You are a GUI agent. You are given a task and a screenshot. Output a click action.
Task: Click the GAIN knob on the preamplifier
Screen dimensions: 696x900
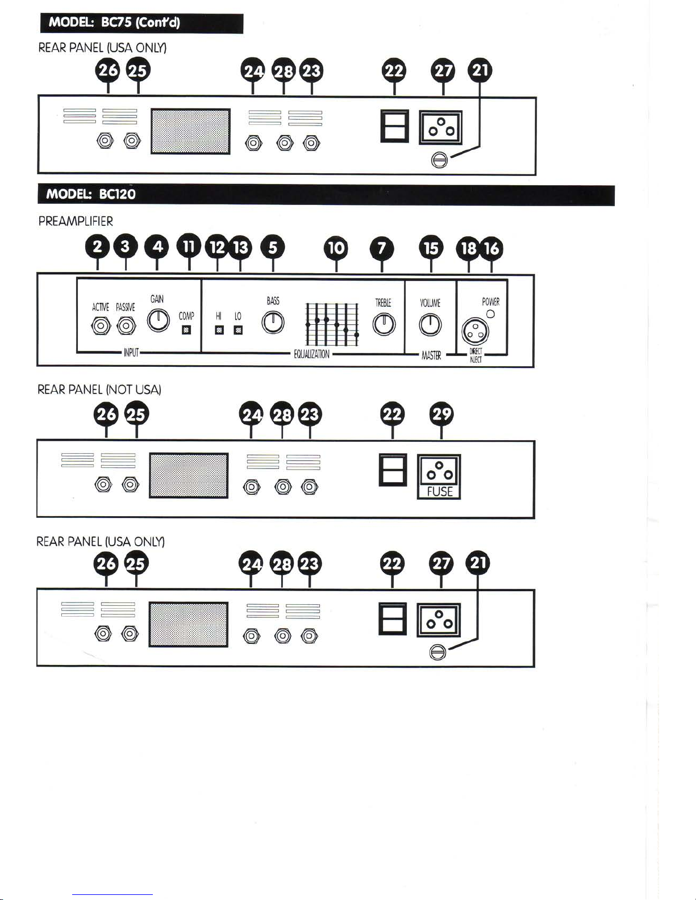tap(159, 320)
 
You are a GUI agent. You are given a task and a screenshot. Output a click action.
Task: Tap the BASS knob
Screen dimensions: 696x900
tap(273, 322)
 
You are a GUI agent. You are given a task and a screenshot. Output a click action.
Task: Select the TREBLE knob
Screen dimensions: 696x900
tap(384, 324)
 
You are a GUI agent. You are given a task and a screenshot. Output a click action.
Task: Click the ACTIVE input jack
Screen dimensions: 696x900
tap(101, 326)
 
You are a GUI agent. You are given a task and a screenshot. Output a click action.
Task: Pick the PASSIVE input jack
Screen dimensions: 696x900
tap(126, 326)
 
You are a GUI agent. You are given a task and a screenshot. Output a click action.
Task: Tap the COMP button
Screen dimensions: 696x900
tap(186, 330)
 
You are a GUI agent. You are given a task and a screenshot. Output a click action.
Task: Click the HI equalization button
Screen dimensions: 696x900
tap(219, 330)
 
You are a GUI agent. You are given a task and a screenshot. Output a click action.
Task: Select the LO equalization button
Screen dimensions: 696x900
tap(238, 330)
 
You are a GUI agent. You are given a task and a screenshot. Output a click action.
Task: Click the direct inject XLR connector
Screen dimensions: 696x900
tap(475, 332)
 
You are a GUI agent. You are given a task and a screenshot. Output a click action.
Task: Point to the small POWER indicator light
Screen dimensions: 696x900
tap(490, 314)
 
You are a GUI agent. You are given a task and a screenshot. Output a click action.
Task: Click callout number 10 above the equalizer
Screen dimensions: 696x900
tap(336, 248)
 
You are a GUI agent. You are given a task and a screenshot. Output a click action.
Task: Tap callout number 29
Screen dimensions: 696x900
tap(441, 414)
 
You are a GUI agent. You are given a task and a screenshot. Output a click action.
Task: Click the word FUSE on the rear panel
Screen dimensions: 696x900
tap(440, 492)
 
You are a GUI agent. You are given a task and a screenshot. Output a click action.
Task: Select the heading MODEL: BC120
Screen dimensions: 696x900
tap(91, 194)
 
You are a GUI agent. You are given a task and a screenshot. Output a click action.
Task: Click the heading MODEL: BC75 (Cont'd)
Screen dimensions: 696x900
tap(114, 22)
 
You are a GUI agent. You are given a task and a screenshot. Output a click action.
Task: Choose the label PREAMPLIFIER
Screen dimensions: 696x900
tap(76, 221)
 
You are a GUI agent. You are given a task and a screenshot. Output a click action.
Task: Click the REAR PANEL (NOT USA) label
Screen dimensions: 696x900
tap(99, 390)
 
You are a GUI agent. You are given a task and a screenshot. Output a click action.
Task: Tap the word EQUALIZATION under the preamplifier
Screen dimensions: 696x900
tap(311, 354)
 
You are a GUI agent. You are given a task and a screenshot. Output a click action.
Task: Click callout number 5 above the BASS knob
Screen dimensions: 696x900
tap(273, 248)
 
